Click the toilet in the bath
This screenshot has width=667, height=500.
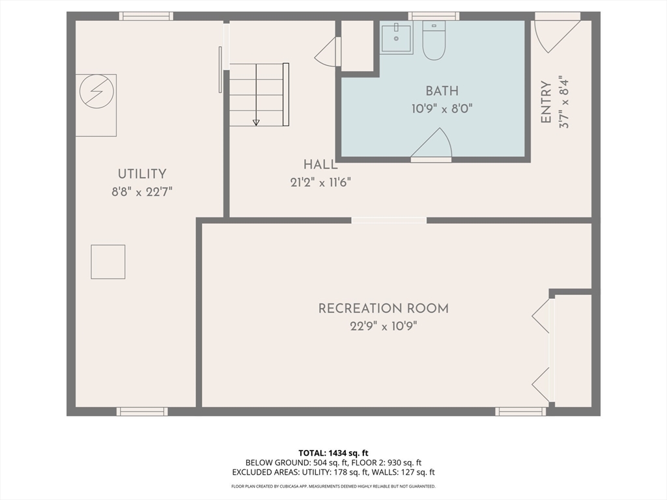(434, 40)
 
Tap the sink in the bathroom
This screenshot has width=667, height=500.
(397, 37)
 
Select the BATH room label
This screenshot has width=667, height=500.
(442, 91)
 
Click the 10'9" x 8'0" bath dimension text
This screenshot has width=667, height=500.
(442, 109)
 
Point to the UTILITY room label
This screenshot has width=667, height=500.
(142, 174)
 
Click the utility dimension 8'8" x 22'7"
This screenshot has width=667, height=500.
(142, 192)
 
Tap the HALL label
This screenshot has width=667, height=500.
(320, 165)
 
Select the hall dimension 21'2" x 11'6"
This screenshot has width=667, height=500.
(320, 183)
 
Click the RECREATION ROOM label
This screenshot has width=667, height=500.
(384, 308)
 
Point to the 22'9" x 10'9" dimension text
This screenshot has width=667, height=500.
(384, 327)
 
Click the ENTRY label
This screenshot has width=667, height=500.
(546, 102)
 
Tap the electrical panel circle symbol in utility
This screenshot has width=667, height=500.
(96, 91)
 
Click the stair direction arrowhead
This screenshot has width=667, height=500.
(256, 122)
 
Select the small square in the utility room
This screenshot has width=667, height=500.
(108, 262)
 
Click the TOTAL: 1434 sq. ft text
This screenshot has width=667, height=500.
(333, 453)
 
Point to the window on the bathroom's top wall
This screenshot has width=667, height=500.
(434, 16)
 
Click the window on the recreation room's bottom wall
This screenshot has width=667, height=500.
(520, 411)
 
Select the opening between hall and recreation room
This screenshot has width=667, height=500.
(389, 220)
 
